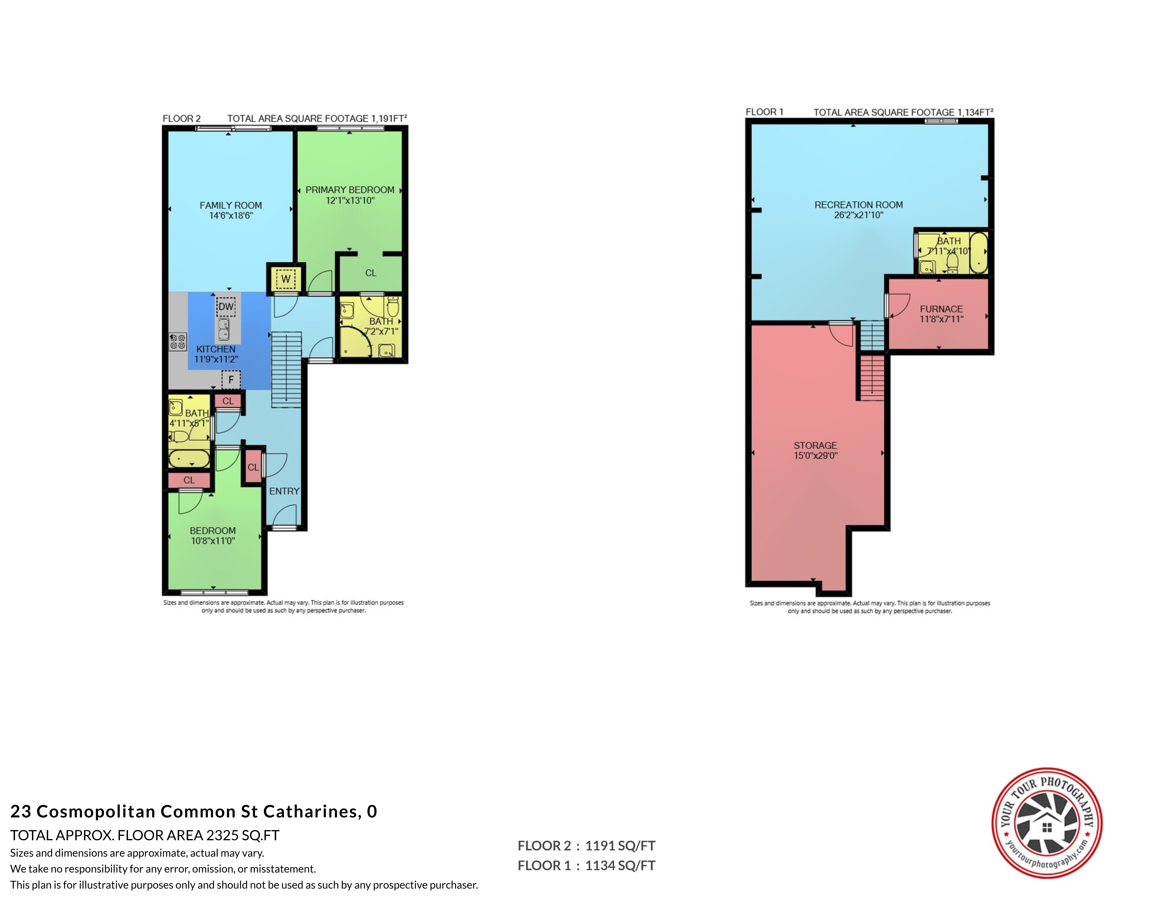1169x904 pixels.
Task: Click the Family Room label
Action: [x=231, y=205]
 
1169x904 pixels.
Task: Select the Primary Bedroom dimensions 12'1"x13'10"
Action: [x=350, y=200]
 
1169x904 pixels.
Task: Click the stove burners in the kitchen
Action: [x=178, y=342]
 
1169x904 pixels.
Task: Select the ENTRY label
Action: [x=284, y=491]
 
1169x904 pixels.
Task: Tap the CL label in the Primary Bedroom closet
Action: [x=371, y=273]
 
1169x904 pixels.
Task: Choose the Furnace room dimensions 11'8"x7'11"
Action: [x=942, y=319]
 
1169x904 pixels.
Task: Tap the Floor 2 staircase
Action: [x=287, y=369]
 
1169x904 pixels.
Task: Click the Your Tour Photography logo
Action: [x=1047, y=823]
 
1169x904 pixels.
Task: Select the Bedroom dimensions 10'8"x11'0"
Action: [x=213, y=541]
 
